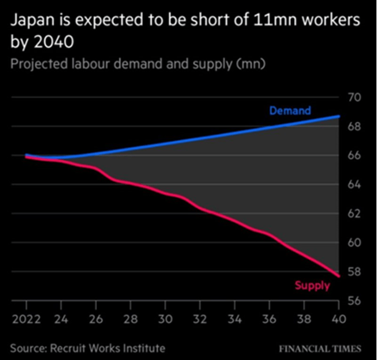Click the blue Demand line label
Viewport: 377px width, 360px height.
tap(290, 111)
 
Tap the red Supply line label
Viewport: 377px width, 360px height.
tap(312, 285)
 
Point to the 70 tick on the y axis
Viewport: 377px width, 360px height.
tap(354, 97)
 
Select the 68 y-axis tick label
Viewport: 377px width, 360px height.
tap(354, 126)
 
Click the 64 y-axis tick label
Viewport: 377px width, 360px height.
tap(354, 185)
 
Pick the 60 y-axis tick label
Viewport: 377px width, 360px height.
tap(354, 243)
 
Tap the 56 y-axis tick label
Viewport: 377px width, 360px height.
tap(354, 301)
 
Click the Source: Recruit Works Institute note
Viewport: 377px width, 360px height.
tap(87, 348)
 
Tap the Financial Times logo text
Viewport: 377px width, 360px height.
tap(320, 348)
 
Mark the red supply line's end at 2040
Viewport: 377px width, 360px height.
tap(339, 275)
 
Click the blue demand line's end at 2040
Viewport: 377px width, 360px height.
tap(339, 116)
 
